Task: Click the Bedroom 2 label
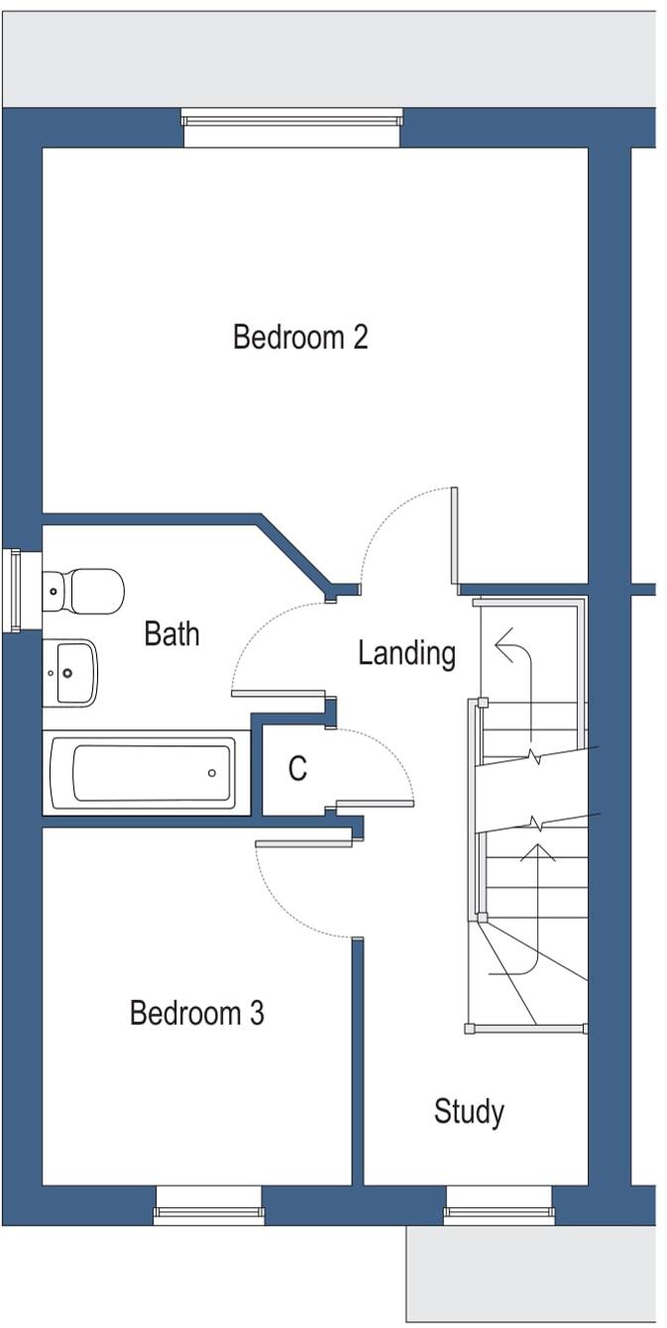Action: (300, 337)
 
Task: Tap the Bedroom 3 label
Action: (197, 1014)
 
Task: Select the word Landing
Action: (406, 653)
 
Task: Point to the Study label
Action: (469, 1112)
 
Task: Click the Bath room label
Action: (171, 633)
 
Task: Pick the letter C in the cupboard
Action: (297, 769)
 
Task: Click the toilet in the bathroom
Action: (84, 591)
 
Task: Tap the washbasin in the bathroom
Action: (71, 672)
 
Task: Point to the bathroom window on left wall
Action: (15, 591)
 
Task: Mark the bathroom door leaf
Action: (278, 694)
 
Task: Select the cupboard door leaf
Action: (375, 803)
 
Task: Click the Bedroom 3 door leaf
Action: (304, 844)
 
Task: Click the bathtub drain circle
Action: (212, 773)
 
